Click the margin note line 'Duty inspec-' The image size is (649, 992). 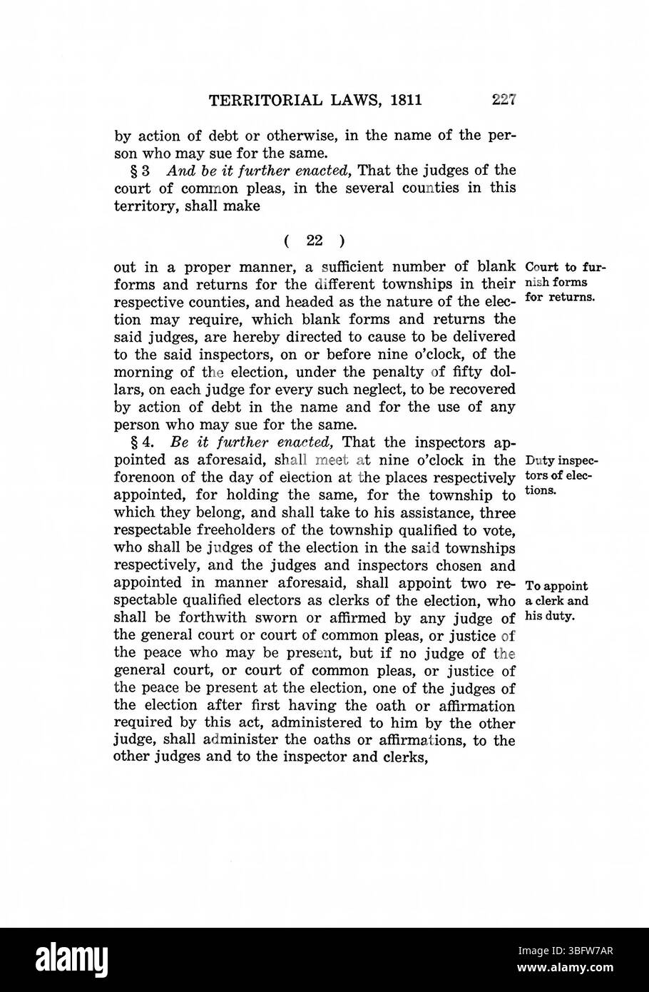pyautogui.click(x=561, y=459)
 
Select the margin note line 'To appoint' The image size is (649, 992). pyautogui.click(x=556, y=587)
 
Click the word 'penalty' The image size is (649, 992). pyautogui.click(x=372, y=372)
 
